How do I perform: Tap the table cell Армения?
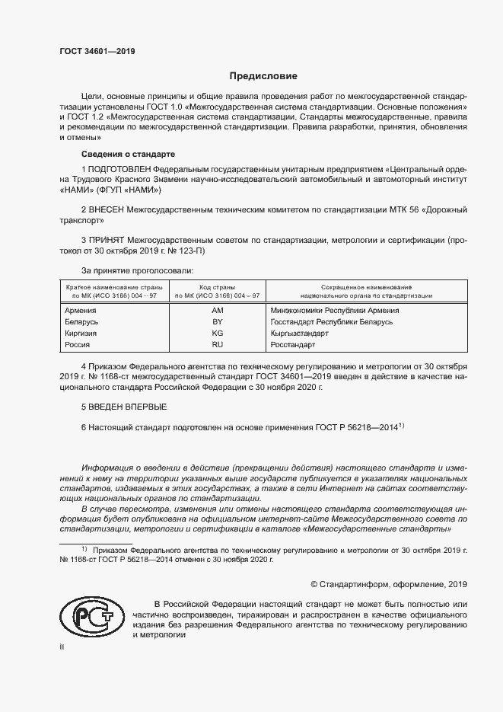(x=81, y=310)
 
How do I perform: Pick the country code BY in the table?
(x=217, y=322)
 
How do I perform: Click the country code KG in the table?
(x=217, y=334)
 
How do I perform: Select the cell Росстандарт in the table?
(x=292, y=345)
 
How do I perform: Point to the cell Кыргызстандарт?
(x=299, y=334)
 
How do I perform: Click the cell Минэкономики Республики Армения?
(x=334, y=310)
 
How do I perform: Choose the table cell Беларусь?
(x=82, y=322)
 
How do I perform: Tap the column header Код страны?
(x=217, y=286)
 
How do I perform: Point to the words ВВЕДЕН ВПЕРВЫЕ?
(x=126, y=407)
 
